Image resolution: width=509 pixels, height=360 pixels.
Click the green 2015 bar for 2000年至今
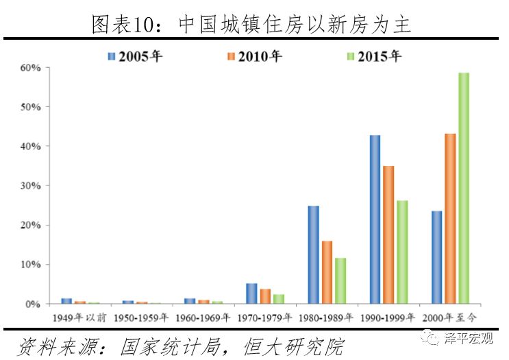pos(464,188)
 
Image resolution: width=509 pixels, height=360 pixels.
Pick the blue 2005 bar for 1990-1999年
pos(375,219)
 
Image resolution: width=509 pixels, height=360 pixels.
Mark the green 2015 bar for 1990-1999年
pos(402,252)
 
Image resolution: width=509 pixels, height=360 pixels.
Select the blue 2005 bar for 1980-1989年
pos(313,254)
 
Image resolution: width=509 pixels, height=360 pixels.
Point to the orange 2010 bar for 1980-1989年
pos(327,272)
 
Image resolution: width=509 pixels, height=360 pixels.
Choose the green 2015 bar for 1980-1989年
pos(340,280)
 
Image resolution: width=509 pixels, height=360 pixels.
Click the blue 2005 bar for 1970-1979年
pos(251,293)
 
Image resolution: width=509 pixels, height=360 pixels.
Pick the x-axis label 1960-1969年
pos(203,317)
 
